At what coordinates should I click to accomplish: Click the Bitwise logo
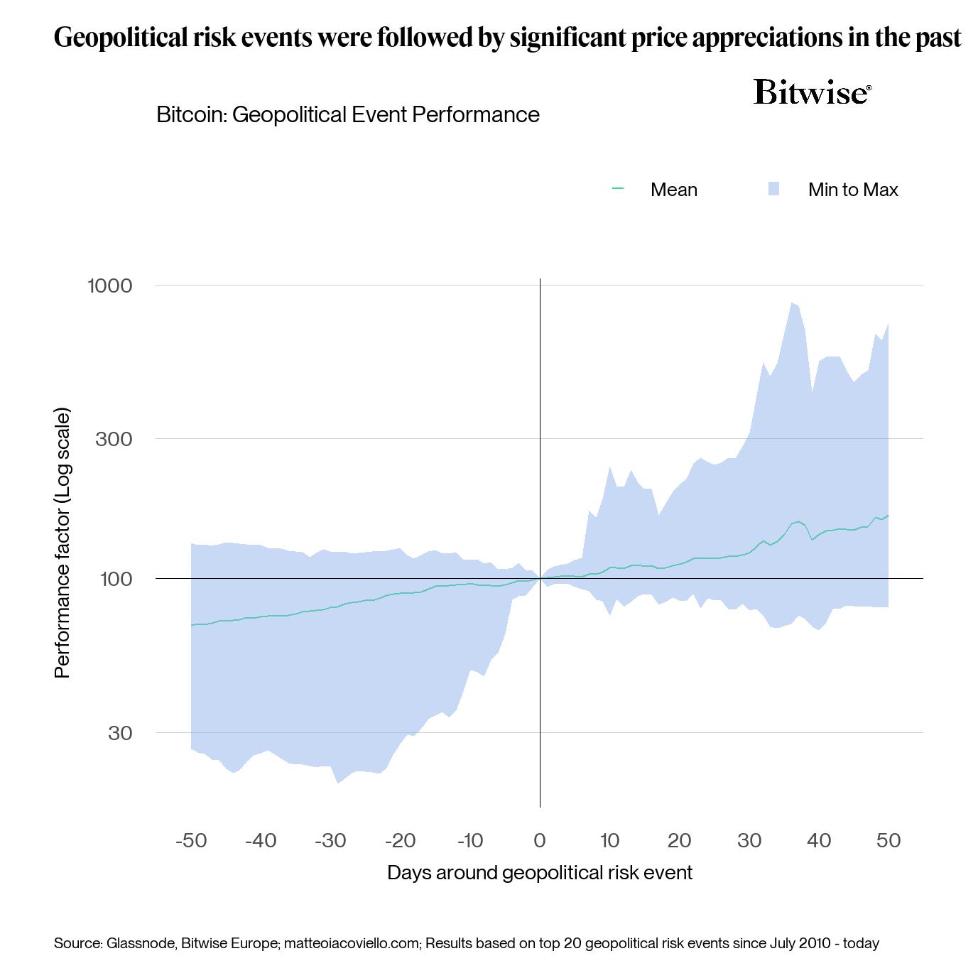(x=812, y=92)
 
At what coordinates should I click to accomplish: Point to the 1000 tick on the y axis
(x=110, y=286)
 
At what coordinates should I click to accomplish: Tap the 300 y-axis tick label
(x=114, y=439)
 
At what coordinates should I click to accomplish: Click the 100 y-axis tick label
(x=116, y=579)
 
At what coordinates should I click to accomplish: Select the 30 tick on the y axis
(x=120, y=733)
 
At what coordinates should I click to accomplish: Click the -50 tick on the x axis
(x=190, y=841)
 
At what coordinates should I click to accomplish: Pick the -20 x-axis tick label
(x=400, y=841)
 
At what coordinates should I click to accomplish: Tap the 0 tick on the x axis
(x=540, y=841)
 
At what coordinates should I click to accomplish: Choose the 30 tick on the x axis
(x=749, y=841)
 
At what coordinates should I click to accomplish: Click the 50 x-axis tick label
(x=889, y=841)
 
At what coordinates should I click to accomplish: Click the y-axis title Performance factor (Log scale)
(x=63, y=543)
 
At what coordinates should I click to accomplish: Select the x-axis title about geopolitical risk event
(x=539, y=872)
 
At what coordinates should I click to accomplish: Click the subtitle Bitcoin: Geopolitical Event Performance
(x=348, y=114)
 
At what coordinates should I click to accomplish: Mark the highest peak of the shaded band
(x=792, y=303)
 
